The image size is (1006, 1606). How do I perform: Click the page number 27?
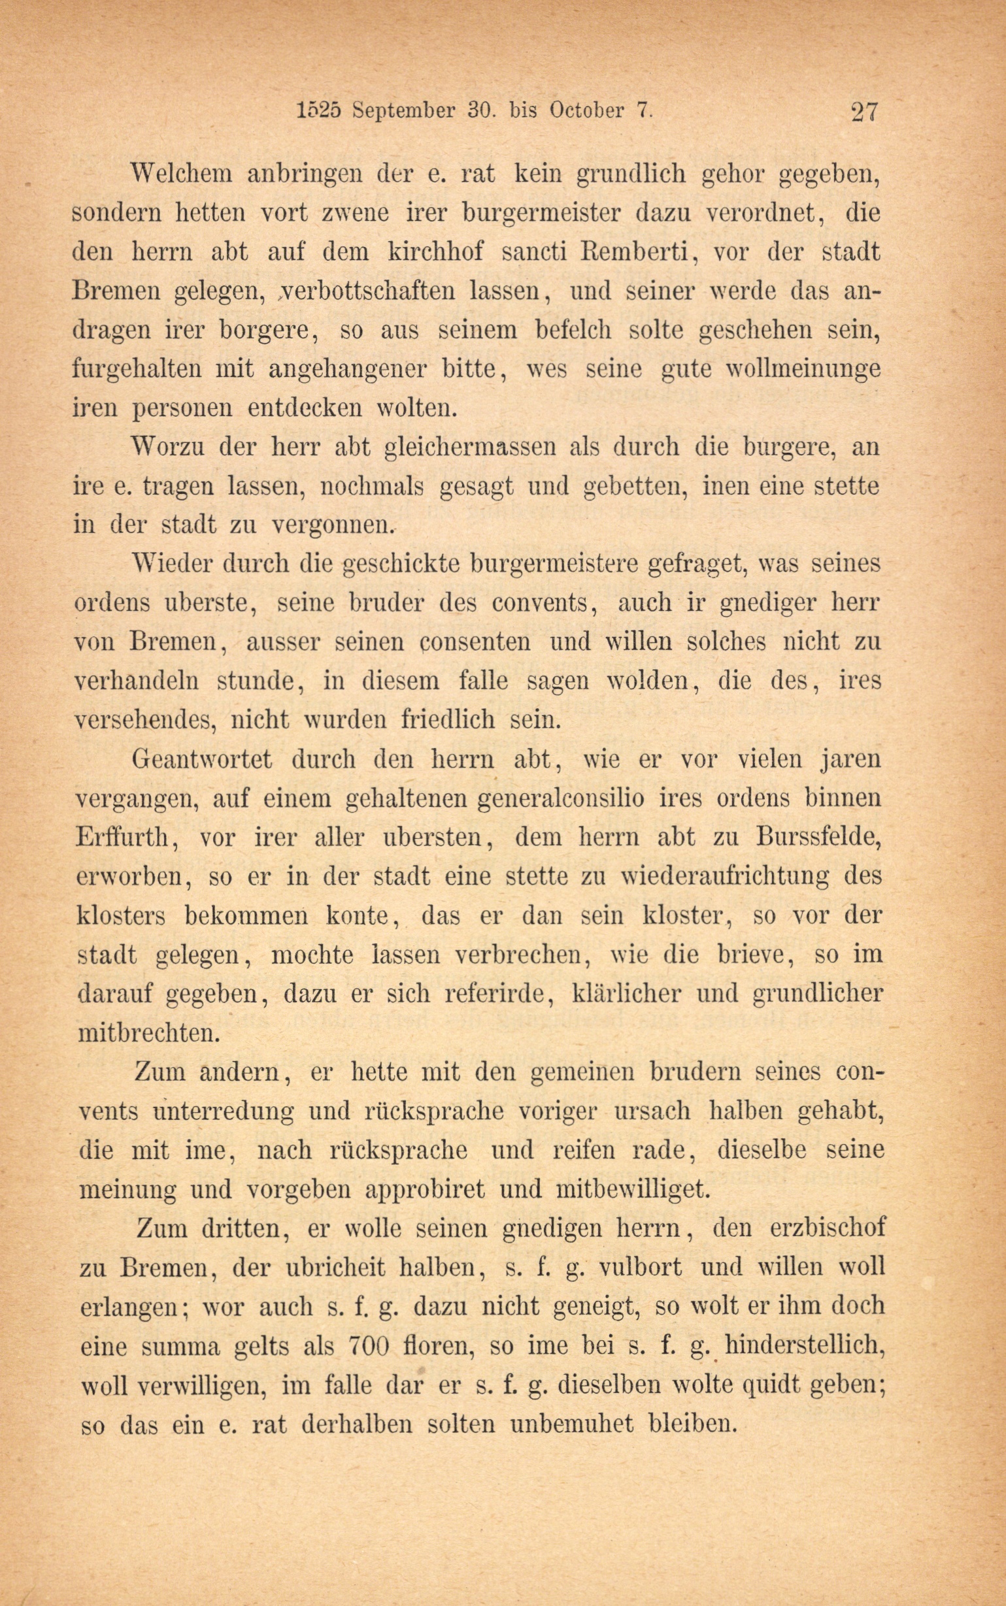865,110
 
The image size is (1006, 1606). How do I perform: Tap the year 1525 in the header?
318,110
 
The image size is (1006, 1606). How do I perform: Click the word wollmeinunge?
803,368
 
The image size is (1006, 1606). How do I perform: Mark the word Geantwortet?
202,759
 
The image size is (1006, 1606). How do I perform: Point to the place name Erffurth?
124,836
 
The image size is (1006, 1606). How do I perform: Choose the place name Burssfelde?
818,836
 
